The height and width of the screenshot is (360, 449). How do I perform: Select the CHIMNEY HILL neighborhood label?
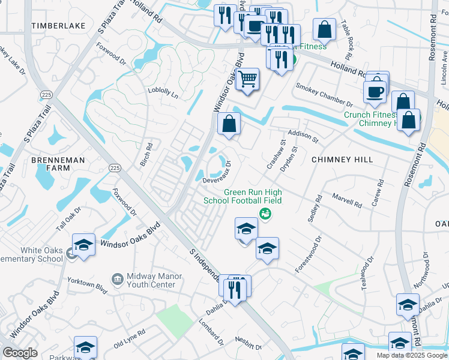(342, 160)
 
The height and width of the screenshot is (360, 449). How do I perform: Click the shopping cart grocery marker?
(247, 79)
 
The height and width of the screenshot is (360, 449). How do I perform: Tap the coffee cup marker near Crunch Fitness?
(375, 92)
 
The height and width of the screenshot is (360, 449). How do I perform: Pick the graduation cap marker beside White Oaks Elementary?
(84, 245)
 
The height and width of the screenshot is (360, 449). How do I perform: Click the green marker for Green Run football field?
(264, 214)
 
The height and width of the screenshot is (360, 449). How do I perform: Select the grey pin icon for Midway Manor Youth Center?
(118, 279)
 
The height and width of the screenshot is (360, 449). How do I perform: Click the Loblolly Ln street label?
(163, 93)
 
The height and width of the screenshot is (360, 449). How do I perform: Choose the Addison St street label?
(303, 134)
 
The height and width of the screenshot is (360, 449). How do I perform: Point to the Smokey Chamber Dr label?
(324, 95)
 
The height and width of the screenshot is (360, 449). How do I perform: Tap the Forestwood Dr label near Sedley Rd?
(309, 255)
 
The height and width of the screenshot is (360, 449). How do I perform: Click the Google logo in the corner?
(20, 353)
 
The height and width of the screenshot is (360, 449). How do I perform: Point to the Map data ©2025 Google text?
(411, 355)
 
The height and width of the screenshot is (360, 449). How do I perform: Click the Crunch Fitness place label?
(370, 115)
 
